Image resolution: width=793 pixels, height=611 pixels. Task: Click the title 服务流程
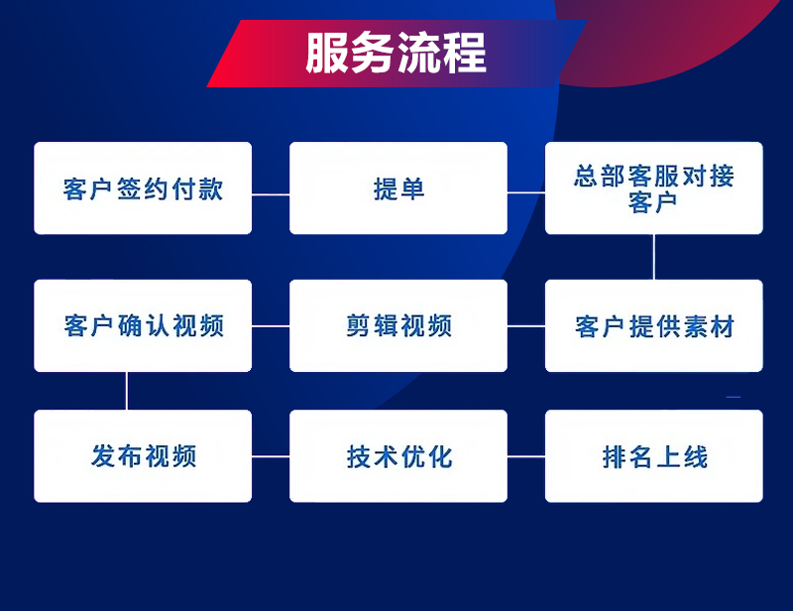click(396, 53)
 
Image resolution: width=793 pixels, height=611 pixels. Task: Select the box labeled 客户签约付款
click(143, 187)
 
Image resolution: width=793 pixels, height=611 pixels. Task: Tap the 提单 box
click(398, 187)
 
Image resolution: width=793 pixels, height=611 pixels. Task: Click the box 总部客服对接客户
click(654, 187)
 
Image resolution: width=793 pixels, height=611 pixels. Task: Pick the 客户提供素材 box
click(654, 325)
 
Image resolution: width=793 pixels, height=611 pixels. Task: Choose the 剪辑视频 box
click(398, 325)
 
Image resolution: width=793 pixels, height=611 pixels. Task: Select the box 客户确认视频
click(143, 325)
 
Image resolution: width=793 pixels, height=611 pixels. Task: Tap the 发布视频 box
click(143, 456)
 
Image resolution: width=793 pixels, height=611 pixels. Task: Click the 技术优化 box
click(398, 456)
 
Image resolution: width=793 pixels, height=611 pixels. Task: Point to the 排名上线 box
click(654, 456)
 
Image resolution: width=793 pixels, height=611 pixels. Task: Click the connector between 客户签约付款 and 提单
click(271, 193)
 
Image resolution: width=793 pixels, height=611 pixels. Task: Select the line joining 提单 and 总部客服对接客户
click(526, 192)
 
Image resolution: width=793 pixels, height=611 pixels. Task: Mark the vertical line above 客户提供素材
click(654, 257)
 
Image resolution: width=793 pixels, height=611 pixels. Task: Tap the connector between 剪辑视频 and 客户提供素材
click(526, 326)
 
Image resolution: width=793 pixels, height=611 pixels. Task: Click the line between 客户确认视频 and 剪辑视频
click(271, 326)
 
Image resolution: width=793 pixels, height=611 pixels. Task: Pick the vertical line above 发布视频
click(127, 391)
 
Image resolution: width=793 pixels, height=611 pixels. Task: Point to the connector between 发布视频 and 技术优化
click(271, 456)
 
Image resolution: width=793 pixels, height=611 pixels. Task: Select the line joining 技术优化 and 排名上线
click(526, 456)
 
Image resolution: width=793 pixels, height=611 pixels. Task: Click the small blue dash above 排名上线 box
click(734, 397)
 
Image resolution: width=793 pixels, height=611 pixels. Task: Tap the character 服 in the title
click(326, 53)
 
